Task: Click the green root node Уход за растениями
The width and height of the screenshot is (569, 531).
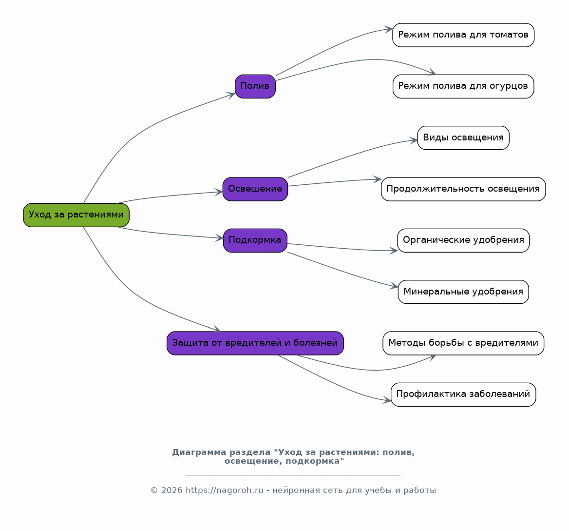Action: [76, 215]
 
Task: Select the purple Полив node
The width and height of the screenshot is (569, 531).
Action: [255, 86]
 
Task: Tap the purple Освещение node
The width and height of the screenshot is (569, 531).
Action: [255, 189]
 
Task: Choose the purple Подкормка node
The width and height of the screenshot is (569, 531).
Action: [255, 240]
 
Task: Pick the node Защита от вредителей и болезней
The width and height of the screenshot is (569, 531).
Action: [255, 343]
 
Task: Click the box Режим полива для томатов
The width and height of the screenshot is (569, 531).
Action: [463, 35]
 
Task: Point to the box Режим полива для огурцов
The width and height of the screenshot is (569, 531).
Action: [463, 86]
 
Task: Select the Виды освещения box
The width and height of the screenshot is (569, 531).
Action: [463, 138]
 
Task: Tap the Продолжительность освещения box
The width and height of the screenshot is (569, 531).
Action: [463, 189]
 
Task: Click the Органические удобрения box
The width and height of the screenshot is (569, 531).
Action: [463, 240]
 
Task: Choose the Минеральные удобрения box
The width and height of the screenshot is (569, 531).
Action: [463, 292]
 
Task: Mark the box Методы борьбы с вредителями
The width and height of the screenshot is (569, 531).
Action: [463, 343]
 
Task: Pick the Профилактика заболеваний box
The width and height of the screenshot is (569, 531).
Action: [463, 394]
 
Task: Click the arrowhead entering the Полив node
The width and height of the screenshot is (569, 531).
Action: [231, 95]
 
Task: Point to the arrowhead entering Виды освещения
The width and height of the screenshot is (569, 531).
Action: [414, 140]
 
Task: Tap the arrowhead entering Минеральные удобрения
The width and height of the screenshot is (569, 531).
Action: [395, 286]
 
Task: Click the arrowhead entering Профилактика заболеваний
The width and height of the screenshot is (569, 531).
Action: [387, 400]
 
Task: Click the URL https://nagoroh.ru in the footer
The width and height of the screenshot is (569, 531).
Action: [224, 491]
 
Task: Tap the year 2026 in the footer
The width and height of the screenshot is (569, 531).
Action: [171, 491]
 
